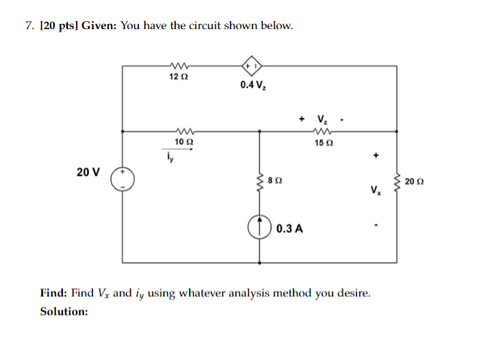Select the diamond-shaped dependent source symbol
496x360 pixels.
tap(249, 65)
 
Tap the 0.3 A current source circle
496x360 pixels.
tap(260, 228)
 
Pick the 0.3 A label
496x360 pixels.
tap(289, 228)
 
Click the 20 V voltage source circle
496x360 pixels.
tap(123, 179)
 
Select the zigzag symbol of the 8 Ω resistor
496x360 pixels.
tap(260, 182)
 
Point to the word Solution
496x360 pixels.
tap(64, 311)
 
